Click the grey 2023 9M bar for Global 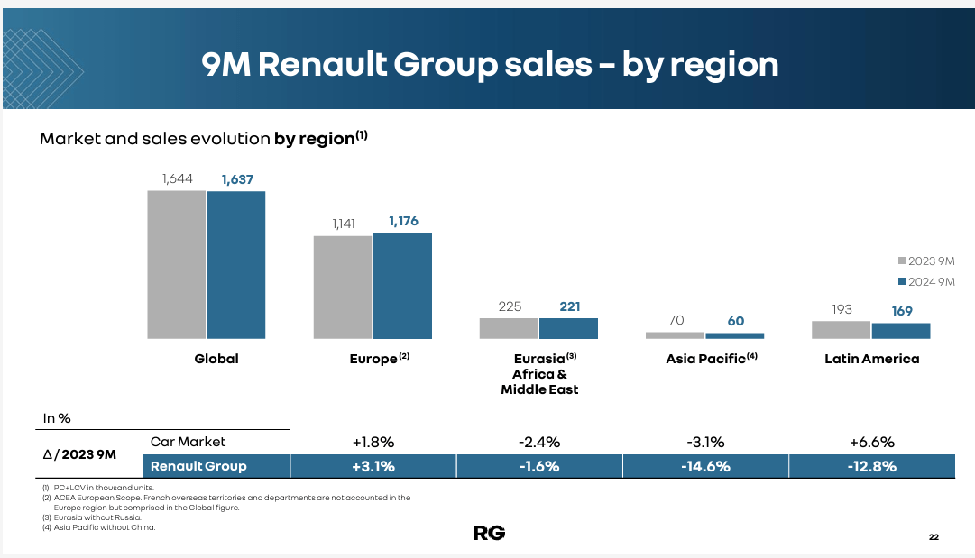point(177,264)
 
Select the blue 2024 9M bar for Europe point(402,286)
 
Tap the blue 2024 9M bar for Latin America point(900,331)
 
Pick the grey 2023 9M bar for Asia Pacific point(675,335)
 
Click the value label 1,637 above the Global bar point(237,179)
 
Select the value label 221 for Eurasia point(569,306)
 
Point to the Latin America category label point(871,359)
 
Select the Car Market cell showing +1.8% point(373,442)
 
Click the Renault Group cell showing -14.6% point(705,466)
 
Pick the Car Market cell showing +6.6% point(871,442)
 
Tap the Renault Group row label point(198,466)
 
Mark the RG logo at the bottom point(489,533)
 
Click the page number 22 point(934,538)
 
